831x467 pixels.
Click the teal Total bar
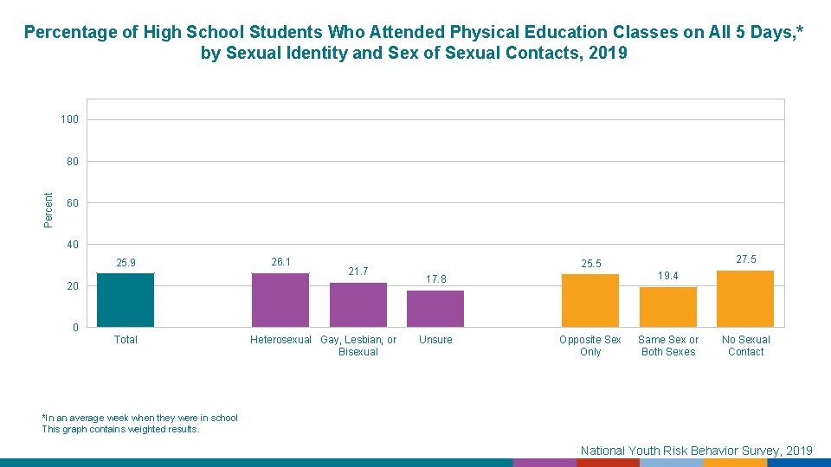coord(126,300)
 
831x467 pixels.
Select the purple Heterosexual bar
coord(280,300)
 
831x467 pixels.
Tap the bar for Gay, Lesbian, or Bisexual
coord(358,304)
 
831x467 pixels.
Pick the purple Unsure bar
coord(435,309)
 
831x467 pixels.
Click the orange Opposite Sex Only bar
coord(590,300)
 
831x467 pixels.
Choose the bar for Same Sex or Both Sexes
coord(668,307)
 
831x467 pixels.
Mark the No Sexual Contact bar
coord(745,298)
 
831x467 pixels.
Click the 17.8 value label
coord(435,279)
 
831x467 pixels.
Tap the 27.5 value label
coord(745,259)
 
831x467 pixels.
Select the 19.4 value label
coord(668,276)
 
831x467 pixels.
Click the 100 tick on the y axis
coord(69,119)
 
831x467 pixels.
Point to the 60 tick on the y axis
coord(73,203)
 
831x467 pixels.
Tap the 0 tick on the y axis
coord(75,328)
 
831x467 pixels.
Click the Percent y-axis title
coord(49,209)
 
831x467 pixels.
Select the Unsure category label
coord(435,340)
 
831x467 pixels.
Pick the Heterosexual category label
coord(280,340)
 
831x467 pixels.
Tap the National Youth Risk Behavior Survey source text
coord(696,450)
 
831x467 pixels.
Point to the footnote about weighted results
coord(121,429)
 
